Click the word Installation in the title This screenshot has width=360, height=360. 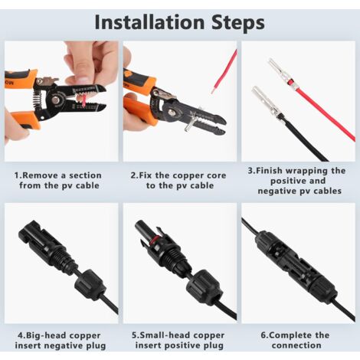click(149, 22)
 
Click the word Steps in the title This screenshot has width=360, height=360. click(238, 23)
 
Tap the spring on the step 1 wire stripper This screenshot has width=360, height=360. click(38, 100)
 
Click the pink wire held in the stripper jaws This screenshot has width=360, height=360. click(83, 100)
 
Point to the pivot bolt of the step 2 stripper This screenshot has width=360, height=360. click(171, 111)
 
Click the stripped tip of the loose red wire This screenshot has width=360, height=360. click(212, 90)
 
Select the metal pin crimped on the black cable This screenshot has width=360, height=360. click(266, 103)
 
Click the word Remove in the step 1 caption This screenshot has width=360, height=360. click(41, 175)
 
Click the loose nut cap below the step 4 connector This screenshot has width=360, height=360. click(90, 284)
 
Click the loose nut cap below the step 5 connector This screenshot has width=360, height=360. click(203, 286)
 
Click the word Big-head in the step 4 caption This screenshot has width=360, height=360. click(44, 335)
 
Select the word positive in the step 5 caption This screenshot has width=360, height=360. click(181, 346)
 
